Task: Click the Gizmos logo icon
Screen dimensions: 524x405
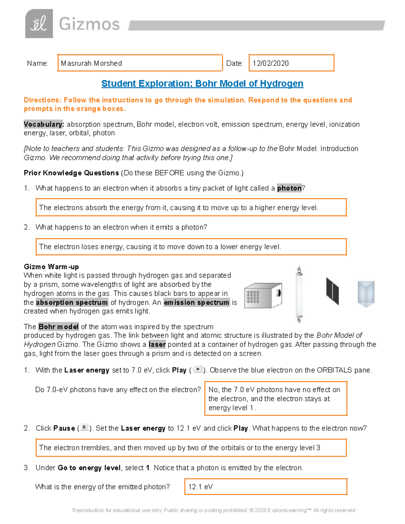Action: (x=39, y=24)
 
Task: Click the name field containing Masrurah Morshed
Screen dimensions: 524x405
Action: (x=140, y=63)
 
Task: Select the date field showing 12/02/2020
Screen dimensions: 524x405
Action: (x=291, y=63)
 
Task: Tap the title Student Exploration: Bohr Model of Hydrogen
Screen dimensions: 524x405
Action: (x=202, y=84)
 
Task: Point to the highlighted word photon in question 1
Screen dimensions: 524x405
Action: (x=289, y=188)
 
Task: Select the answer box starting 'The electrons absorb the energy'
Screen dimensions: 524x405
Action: (x=191, y=208)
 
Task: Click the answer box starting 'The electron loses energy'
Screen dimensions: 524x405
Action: (x=191, y=247)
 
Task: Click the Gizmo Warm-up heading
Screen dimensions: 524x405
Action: (x=51, y=267)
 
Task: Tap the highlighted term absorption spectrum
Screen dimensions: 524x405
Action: (x=72, y=302)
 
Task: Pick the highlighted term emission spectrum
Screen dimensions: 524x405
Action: (x=196, y=302)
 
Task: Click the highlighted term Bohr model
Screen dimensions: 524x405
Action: (x=58, y=327)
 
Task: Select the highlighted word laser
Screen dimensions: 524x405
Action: (x=157, y=344)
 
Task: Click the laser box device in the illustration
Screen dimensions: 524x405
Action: (x=263, y=295)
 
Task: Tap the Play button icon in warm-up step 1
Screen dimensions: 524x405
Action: (x=197, y=369)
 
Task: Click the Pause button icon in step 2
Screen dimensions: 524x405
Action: (x=84, y=428)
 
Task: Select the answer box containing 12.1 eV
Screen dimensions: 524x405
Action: (x=266, y=487)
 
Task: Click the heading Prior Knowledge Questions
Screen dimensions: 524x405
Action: (x=71, y=173)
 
